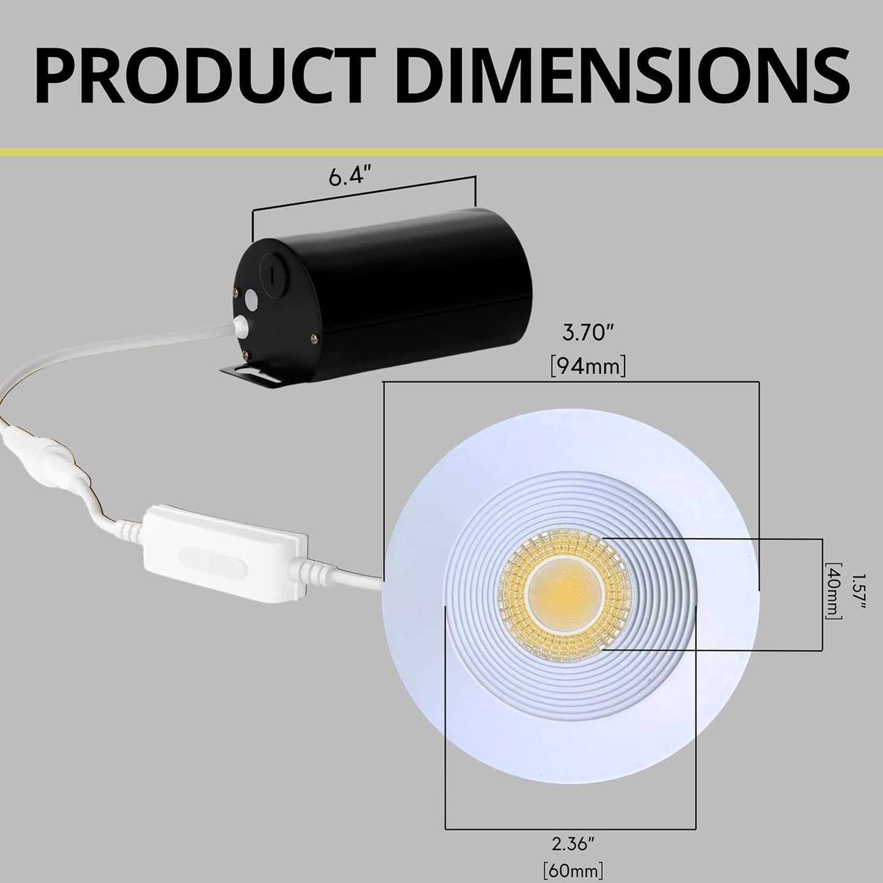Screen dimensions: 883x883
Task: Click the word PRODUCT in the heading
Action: (205, 73)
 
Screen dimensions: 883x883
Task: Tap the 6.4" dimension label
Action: (350, 178)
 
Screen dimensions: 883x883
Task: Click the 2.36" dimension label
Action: (573, 844)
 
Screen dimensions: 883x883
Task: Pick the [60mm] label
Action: (573, 868)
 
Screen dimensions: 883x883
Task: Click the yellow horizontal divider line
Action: (441, 151)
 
